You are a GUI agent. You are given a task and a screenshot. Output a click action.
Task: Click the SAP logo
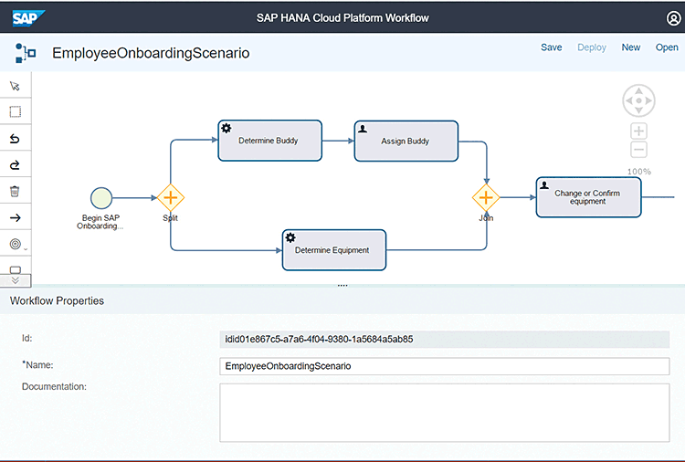click(x=28, y=16)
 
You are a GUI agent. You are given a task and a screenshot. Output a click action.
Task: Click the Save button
click(x=552, y=47)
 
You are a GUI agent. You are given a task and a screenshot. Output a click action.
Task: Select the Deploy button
click(x=592, y=47)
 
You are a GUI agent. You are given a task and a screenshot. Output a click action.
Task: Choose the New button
click(x=631, y=47)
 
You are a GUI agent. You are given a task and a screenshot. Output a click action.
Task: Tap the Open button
click(x=667, y=47)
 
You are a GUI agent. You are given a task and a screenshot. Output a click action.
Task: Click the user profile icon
click(x=674, y=17)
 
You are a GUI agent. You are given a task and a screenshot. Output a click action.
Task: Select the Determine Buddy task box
click(x=269, y=141)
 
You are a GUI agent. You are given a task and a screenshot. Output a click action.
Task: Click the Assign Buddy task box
click(x=406, y=141)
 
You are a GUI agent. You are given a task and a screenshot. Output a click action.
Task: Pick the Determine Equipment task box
click(x=333, y=249)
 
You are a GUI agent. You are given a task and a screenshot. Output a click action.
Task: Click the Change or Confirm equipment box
click(x=588, y=197)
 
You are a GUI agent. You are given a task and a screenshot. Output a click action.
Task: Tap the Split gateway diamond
click(x=171, y=197)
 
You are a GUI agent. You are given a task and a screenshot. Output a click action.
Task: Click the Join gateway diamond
click(x=486, y=197)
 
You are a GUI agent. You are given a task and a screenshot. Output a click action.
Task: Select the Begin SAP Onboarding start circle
click(x=101, y=197)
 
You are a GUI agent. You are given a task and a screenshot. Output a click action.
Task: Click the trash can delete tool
click(x=15, y=192)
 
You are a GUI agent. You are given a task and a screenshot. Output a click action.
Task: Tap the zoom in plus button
click(x=638, y=131)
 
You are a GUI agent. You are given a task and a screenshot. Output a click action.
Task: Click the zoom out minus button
click(x=638, y=150)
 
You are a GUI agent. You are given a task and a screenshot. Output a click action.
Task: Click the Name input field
click(x=446, y=366)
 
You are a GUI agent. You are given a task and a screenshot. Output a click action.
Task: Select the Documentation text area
click(x=446, y=412)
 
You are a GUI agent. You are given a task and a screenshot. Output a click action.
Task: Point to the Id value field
click(x=446, y=339)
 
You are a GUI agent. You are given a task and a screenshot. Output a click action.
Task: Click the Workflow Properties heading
click(x=57, y=300)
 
